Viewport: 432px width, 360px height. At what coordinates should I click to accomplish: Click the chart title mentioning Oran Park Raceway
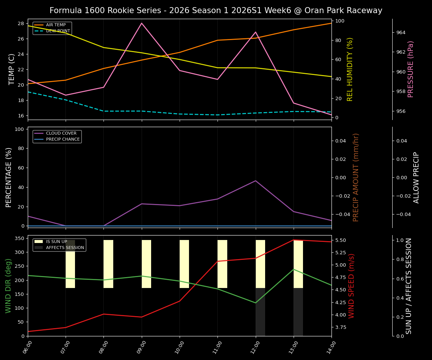click(x=216, y=10)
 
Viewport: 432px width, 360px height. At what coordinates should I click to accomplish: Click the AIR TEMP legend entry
click(x=55, y=25)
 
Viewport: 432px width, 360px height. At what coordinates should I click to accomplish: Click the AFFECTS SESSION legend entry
click(x=64, y=247)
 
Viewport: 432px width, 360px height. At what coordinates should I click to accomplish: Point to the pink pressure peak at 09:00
click(x=142, y=23)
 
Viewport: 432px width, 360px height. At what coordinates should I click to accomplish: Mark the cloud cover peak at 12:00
click(x=255, y=181)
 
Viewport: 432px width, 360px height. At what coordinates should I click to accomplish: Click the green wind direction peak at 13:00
click(x=294, y=269)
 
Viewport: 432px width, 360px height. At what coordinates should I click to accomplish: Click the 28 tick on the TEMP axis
click(x=21, y=23)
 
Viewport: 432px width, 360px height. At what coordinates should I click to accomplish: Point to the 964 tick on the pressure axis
click(x=401, y=33)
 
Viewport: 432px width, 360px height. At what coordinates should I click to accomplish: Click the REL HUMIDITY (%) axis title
click(x=350, y=69)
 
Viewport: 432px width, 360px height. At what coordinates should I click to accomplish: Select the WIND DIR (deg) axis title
click(x=8, y=286)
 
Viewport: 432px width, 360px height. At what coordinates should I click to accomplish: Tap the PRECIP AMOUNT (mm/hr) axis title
click(x=356, y=177)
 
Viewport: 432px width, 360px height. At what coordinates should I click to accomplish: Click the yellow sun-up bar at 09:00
click(x=146, y=264)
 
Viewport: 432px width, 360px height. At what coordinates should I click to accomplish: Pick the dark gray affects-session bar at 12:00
click(x=260, y=312)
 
